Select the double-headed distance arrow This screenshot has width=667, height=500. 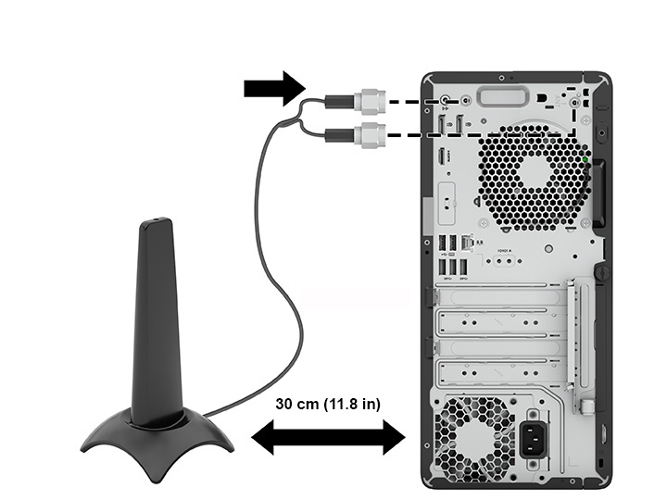click(x=328, y=436)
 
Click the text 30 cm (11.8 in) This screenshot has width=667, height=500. click(x=328, y=404)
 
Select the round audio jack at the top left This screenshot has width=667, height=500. click(x=446, y=99)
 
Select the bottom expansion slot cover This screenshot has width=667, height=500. click(x=500, y=374)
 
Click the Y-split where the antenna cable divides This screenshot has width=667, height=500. click(x=294, y=118)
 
